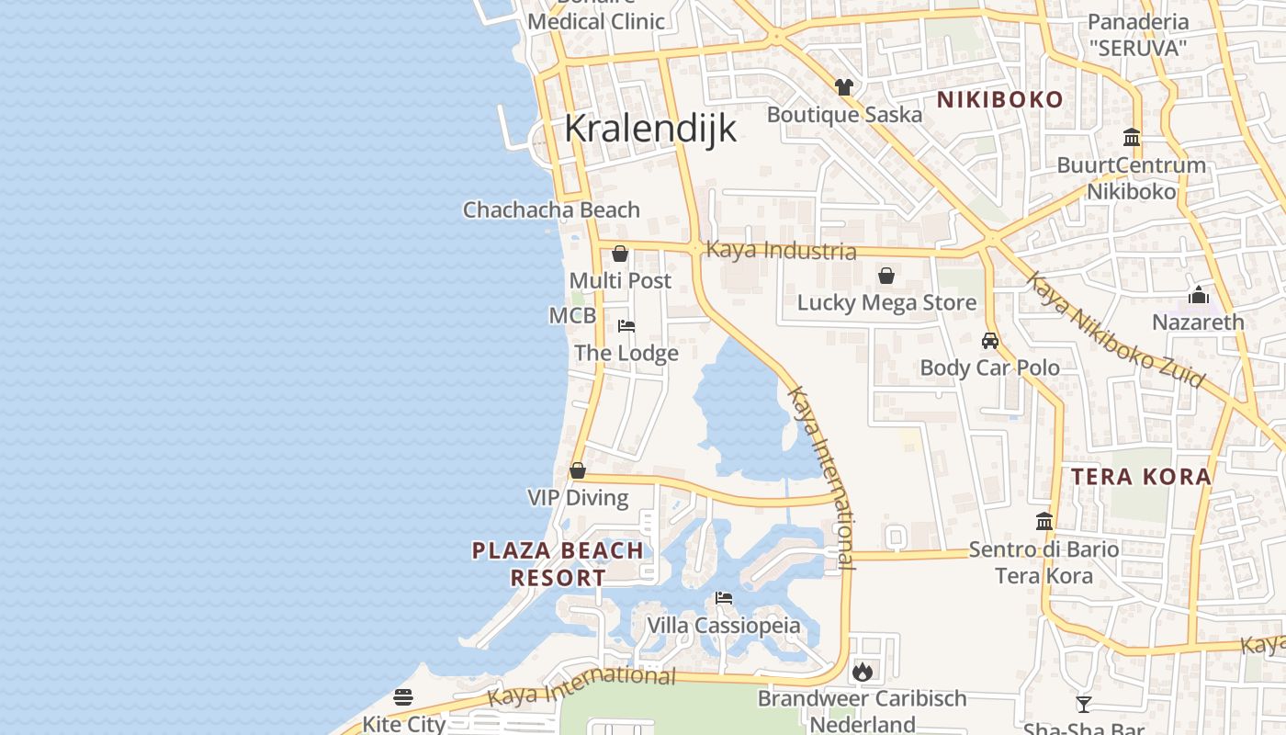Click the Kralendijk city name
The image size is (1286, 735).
pos(649,129)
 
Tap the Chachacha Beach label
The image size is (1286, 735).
pos(551,209)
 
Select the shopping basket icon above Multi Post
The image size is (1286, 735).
pos(620,254)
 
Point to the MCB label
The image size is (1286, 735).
pos(572,316)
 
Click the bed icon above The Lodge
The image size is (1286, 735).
pos(626,326)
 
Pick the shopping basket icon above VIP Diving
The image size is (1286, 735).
pos(578,470)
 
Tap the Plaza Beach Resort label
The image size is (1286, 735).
pos(558,564)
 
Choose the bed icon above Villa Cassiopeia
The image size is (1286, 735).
pos(724,598)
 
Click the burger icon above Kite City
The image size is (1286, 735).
pos(403,697)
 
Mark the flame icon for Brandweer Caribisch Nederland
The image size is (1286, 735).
pos(862,672)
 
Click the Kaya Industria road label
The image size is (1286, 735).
pos(781,251)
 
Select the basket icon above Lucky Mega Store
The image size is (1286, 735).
pos(886,276)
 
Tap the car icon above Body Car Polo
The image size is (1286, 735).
pos(990,341)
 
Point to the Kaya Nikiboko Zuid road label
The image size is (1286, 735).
pos(1114,329)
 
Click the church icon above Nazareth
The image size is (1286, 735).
pos(1198,296)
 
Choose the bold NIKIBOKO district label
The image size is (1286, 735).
pos(999,99)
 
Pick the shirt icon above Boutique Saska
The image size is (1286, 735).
pos(844,87)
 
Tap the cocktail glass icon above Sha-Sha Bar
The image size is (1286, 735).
pos(1084,705)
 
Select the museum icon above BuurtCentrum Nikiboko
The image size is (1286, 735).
pos(1132,138)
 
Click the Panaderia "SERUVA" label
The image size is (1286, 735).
pos(1137,35)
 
